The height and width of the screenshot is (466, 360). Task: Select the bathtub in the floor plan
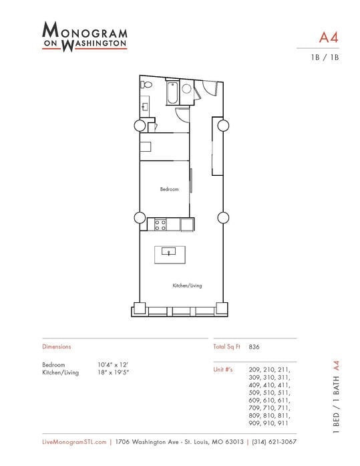click(172, 93)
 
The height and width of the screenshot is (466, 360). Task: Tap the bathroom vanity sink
click(146, 106)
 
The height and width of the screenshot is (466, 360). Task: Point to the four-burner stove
click(161, 225)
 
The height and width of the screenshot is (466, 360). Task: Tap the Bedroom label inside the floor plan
click(169, 189)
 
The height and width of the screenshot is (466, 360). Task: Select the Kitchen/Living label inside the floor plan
click(187, 285)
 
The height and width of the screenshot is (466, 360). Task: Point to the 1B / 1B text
click(327, 57)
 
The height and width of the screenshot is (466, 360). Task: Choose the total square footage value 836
click(254, 347)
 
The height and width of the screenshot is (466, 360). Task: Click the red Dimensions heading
click(56, 347)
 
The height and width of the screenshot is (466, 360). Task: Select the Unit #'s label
click(223, 369)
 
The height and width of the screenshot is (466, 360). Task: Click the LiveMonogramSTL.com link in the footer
click(73, 442)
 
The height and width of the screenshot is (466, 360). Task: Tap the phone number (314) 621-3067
click(274, 442)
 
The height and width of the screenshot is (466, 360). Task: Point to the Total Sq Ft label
click(226, 347)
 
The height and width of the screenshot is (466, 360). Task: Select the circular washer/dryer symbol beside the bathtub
click(187, 89)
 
